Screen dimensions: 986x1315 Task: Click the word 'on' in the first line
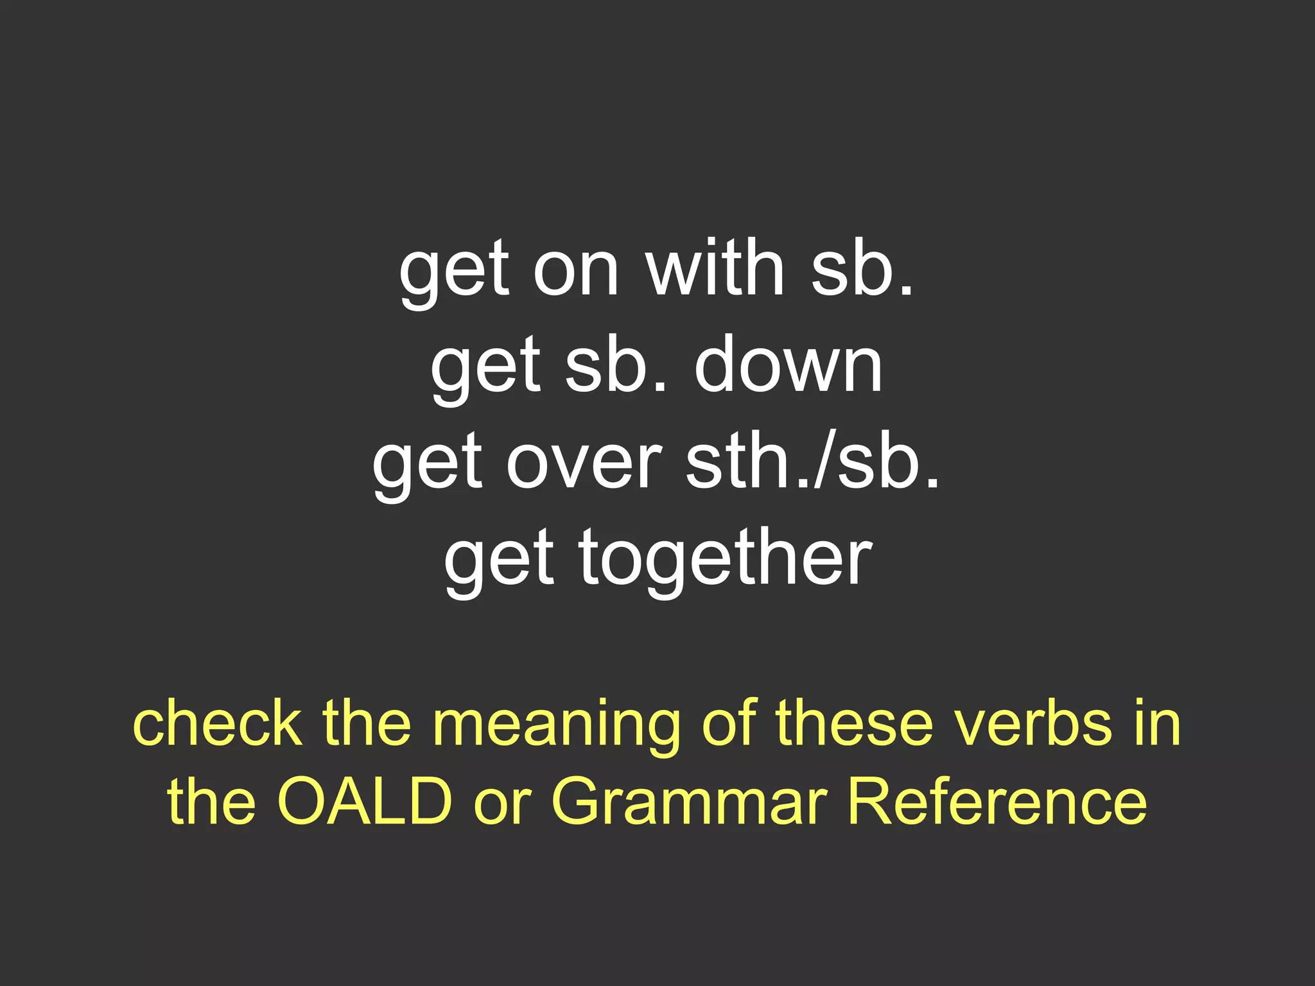coord(575,270)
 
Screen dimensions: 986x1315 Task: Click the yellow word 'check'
coord(218,724)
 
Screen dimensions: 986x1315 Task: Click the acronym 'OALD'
coord(365,801)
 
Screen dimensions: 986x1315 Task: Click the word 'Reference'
coord(997,801)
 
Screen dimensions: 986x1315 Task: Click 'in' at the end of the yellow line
coord(1156,723)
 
